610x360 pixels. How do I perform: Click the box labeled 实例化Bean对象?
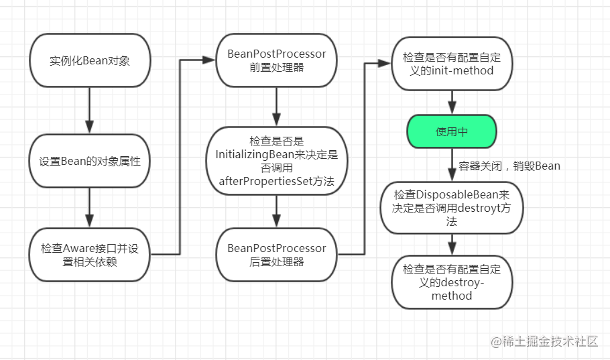[89, 61]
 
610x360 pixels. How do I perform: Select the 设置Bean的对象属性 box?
[89, 162]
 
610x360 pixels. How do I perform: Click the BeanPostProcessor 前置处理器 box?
[276, 61]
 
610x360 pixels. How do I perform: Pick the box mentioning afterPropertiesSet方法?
[276, 161]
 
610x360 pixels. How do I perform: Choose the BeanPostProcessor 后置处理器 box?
[276, 255]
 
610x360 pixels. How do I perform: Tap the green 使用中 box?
[452, 131]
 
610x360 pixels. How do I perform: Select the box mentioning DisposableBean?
[452, 208]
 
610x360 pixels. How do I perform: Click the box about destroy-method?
[452, 282]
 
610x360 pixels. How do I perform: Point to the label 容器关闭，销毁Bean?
[509, 166]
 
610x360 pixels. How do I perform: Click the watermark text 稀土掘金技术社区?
[550, 341]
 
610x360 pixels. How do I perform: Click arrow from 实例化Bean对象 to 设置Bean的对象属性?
[89, 111]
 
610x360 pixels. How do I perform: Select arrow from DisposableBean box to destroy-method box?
[452, 243]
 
